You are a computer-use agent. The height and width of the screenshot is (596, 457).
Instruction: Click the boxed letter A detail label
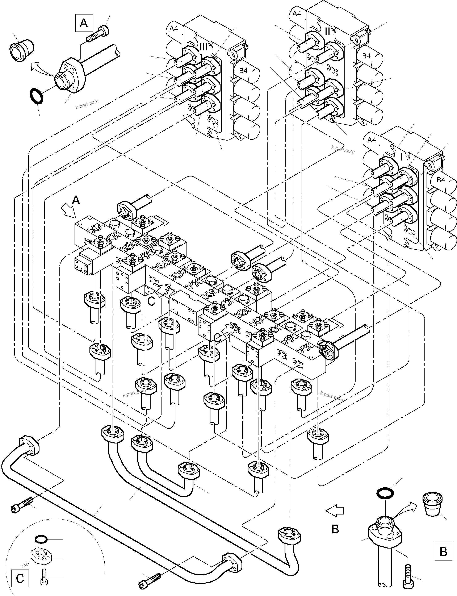(84, 23)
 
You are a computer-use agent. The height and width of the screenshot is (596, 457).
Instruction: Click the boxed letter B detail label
(443, 551)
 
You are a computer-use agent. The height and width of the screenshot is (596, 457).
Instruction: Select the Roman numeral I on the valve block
(402, 157)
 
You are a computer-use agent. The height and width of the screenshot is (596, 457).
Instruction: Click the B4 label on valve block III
(243, 71)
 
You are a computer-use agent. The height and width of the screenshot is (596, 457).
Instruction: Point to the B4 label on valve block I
(441, 180)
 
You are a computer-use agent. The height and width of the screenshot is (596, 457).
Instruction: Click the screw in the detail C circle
(43, 577)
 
